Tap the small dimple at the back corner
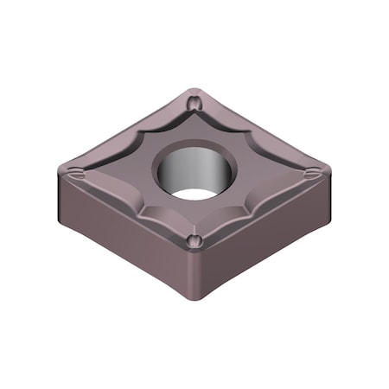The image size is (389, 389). coord(196,105)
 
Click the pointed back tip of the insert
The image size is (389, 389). coord(198,89)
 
